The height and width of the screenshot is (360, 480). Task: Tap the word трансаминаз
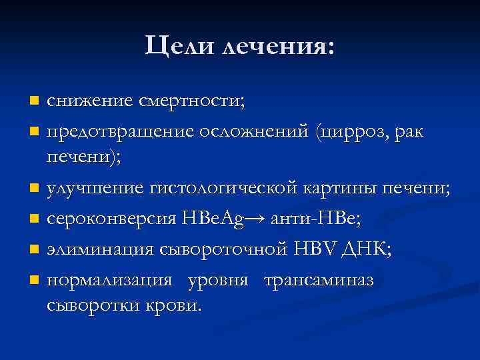point(319,279)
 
